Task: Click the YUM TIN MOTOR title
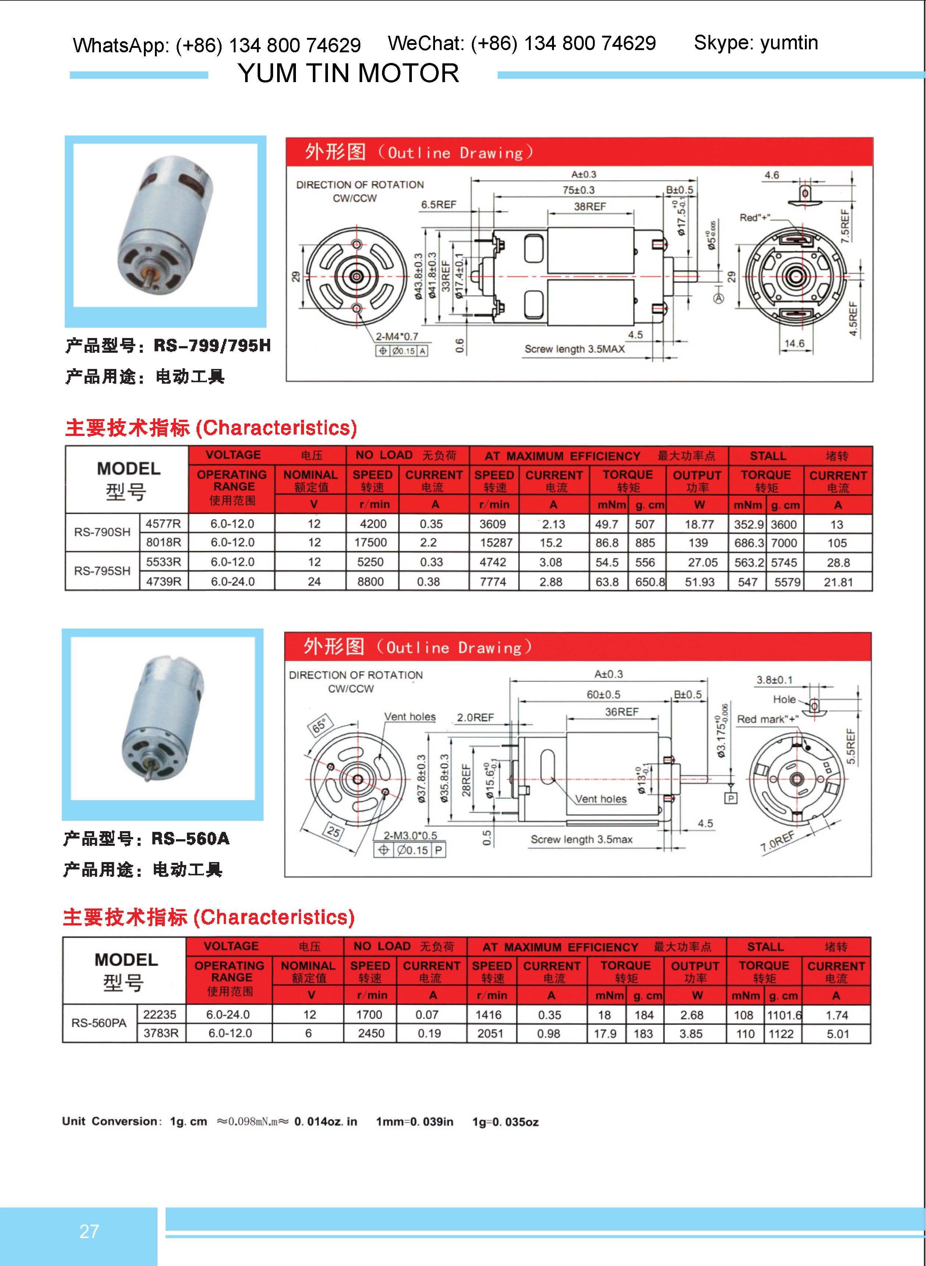pyautogui.click(x=348, y=73)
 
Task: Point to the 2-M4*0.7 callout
pyautogui.click(x=397, y=337)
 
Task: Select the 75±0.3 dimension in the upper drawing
pyautogui.click(x=579, y=190)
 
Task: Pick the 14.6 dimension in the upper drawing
pyautogui.click(x=794, y=343)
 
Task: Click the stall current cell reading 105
pyautogui.click(x=837, y=543)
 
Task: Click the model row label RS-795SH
pyautogui.click(x=102, y=571)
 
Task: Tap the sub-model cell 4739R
pyautogui.click(x=164, y=581)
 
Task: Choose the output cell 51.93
pyautogui.click(x=700, y=582)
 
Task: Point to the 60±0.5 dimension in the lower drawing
pyautogui.click(x=603, y=694)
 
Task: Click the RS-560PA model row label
pyautogui.click(x=99, y=1023)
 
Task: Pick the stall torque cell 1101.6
pyautogui.click(x=784, y=1015)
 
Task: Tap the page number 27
pyautogui.click(x=89, y=1231)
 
